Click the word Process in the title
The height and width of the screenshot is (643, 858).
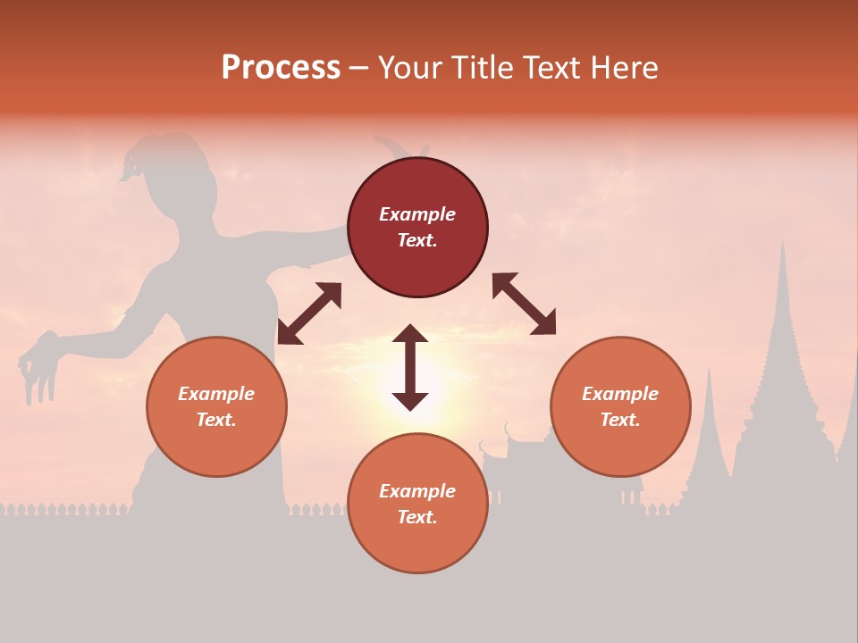point(281,68)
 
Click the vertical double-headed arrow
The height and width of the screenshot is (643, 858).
point(410,367)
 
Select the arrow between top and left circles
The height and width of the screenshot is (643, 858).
point(309,313)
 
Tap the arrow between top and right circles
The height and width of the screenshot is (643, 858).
point(524,305)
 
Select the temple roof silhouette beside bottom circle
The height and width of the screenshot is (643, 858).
point(514,447)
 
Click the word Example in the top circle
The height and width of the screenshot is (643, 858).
point(417,214)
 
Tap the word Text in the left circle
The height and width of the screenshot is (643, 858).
point(216,420)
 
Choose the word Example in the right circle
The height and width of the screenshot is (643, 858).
point(620,394)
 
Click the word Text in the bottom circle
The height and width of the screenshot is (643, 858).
point(417,517)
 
